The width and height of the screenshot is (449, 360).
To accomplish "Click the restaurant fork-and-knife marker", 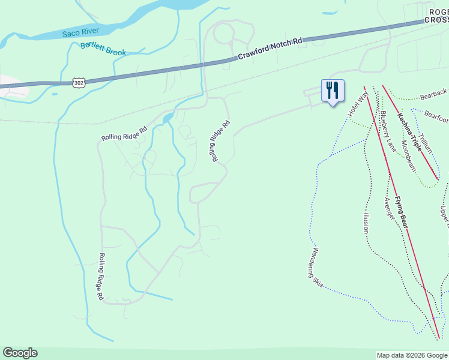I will coord(333,91).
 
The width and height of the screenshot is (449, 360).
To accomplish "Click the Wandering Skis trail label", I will coord(318,268).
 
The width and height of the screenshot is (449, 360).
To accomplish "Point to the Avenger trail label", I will coord(389,208).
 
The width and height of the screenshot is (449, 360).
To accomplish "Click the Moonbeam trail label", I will coord(408,155).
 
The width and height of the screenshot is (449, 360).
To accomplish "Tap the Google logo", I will coord(20,353).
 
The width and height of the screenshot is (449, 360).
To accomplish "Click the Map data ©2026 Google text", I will coord(411,355).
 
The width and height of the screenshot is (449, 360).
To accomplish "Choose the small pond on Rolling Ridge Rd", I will coord(168,118).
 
